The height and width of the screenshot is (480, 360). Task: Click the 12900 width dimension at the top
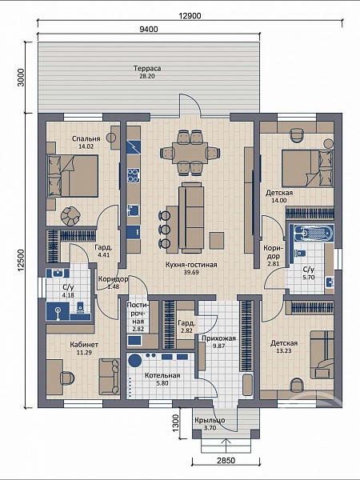point(190,16)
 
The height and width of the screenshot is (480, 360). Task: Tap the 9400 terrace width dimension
point(149,29)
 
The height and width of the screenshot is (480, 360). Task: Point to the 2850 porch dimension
point(226,461)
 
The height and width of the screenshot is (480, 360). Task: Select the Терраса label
point(147,68)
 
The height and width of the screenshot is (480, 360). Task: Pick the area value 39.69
point(190,272)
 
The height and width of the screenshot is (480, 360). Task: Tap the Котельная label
point(162,375)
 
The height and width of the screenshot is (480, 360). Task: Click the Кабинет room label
point(84,345)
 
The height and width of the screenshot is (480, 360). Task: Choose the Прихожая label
point(218,338)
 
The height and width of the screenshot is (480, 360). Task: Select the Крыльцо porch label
point(210,420)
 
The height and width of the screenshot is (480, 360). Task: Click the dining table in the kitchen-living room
point(190,153)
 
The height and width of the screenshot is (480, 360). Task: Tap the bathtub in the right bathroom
point(312,234)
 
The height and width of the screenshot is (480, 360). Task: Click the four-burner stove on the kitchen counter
point(134,175)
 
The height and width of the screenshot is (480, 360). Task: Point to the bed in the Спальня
point(72,175)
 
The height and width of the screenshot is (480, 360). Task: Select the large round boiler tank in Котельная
point(134,360)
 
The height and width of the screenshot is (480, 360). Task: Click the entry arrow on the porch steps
point(226,446)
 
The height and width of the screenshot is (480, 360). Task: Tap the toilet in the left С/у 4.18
point(80,307)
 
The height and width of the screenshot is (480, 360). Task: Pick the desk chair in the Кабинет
point(67,378)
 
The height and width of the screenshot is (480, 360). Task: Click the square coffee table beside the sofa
point(217,241)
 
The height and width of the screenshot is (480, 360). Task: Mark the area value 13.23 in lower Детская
point(284,351)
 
